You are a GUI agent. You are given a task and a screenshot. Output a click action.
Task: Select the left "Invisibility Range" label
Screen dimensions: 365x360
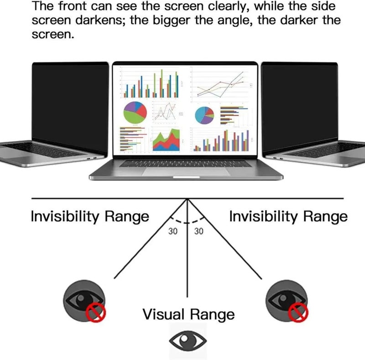pos(90,217)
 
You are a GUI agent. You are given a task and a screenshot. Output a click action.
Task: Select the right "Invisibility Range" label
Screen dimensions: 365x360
pos(288,217)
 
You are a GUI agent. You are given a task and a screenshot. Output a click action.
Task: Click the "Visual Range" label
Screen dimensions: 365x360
pos(188,314)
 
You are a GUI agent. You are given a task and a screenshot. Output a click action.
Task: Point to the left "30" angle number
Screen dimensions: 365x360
pos(173,231)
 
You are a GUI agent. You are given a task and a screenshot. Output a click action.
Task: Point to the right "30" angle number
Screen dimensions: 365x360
pos(199,231)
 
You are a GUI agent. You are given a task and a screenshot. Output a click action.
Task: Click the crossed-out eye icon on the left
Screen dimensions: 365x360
pos(85,301)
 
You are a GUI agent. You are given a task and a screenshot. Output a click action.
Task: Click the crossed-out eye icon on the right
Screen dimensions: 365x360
pos(287,301)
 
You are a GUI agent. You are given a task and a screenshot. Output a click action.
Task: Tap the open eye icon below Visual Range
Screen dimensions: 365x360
pos(188,341)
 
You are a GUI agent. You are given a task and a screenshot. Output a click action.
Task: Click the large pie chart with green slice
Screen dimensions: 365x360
pos(135,113)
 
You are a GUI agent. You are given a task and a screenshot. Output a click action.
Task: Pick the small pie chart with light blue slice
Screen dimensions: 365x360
pos(204,115)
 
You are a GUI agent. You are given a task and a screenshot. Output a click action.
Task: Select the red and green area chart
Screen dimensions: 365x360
pos(166,140)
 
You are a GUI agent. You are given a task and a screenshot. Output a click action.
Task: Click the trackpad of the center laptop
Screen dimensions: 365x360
pos(186,172)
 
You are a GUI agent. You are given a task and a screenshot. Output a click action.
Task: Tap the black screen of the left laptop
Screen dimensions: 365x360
pos(70,106)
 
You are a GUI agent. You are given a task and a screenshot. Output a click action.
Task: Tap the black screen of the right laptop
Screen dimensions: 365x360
pos(300,106)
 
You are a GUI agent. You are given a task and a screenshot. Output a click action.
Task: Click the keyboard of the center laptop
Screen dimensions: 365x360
pos(186,164)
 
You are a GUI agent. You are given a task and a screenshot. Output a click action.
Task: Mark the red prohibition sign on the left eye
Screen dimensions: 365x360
pos(96,312)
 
